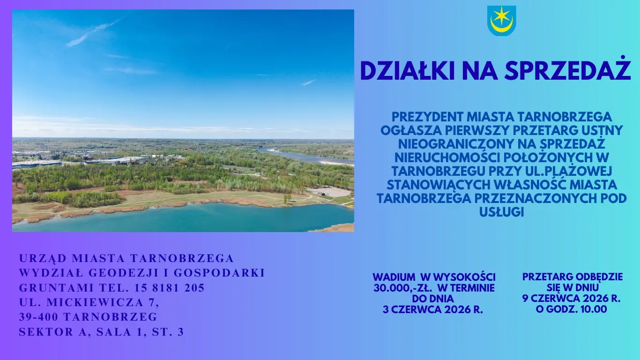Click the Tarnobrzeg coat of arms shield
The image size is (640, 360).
[501, 20]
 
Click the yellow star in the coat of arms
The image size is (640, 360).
[503, 16]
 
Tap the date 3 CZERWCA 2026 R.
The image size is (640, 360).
[433, 309]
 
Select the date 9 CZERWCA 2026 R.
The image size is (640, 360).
[572, 299]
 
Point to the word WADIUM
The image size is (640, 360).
[394, 277]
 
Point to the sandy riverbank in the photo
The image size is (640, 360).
[336, 163]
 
